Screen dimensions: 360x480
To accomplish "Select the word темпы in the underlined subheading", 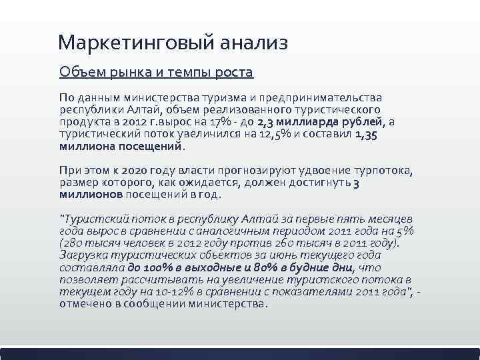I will coord(169,71).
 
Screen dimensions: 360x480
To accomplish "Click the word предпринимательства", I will coord(325,98).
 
